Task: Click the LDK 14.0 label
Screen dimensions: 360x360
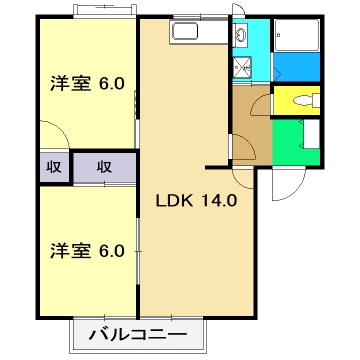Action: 196,198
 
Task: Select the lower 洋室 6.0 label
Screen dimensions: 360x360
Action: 87,250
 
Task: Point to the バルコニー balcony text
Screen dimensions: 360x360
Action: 140,334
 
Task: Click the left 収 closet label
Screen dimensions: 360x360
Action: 49,167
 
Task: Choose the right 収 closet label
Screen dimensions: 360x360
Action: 103,167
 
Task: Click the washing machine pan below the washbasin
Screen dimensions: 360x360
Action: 242,68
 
